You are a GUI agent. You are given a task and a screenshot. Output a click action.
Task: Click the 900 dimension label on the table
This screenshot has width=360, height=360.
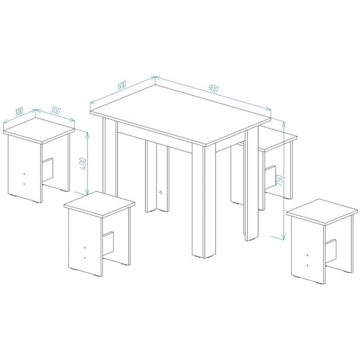tap(213, 88)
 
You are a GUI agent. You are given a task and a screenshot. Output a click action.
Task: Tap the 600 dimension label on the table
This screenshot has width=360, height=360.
tap(122, 85)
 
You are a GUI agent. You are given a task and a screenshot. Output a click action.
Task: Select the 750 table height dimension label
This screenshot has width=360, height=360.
tap(279, 180)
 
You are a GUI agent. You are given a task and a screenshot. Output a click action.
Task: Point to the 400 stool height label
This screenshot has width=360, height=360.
tap(83, 164)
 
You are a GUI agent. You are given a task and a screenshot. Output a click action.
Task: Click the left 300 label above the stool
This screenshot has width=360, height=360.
tap(19, 112)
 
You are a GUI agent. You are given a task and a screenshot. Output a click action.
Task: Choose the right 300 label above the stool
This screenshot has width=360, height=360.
tap(56, 111)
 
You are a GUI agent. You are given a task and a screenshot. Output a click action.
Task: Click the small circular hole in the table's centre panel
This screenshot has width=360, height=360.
tap(160, 192)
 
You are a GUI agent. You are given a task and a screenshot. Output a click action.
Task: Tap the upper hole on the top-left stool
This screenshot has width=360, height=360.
tap(25, 174)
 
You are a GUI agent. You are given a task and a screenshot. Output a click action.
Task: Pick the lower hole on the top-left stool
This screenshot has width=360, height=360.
tap(25, 184)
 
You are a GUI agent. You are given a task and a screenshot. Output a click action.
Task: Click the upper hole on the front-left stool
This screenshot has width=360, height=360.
tap(85, 248)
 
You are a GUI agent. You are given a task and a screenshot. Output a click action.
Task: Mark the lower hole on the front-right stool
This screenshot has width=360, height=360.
tap(308, 265)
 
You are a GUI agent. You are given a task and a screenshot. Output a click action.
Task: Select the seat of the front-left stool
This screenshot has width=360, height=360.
tap(99, 204)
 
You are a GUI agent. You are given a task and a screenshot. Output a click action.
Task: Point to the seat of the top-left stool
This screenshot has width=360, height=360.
tap(39, 131)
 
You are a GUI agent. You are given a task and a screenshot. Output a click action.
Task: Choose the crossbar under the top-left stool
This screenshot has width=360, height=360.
tap(48, 169)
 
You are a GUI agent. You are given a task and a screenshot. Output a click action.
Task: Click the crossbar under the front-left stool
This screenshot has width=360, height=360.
tap(108, 243)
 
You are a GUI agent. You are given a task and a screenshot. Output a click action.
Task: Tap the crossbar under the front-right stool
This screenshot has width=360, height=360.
tap(331, 250)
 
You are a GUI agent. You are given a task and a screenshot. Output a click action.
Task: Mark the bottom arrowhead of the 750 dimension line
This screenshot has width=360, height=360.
tap(284, 236)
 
